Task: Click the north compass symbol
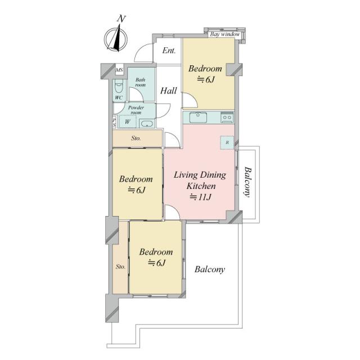pyautogui.click(x=116, y=39)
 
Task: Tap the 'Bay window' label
pyautogui.click(x=225, y=34)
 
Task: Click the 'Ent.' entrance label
pyautogui.click(x=169, y=51)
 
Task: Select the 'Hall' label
pyautogui.click(x=169, y=91)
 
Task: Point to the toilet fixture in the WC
pyautogui.click(x=119, y=86)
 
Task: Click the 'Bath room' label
pyautogui.click(x=140, y=82)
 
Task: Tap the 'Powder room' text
pyautogui.click(x=136, y=110)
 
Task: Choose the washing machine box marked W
pyautogui.click(x=128, y=121)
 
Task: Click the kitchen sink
pyautogui.click(x=198, y=118)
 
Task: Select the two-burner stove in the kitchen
pyautogui.click(x=227, y=118)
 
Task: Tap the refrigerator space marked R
pyautogui.click(x=227, y=142)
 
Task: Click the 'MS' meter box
pyautogui.click(x=119, y=70)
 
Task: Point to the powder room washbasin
pyautogui.click(x=147, y=124)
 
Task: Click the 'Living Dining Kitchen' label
pyautogui.click(x=200, y=181)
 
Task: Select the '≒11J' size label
pyautogui.click(x=200, y=197)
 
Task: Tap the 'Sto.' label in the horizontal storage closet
pyautogui.click(x=136, y=138)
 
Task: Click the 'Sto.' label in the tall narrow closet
pyautogui.click(x=120, y=267)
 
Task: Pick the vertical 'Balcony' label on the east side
pyautogui.click(x=247, y=182)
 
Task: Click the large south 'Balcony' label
pyautogui.click(x=210, y=269)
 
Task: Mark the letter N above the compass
pyautogui.click(x=121, y=19)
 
